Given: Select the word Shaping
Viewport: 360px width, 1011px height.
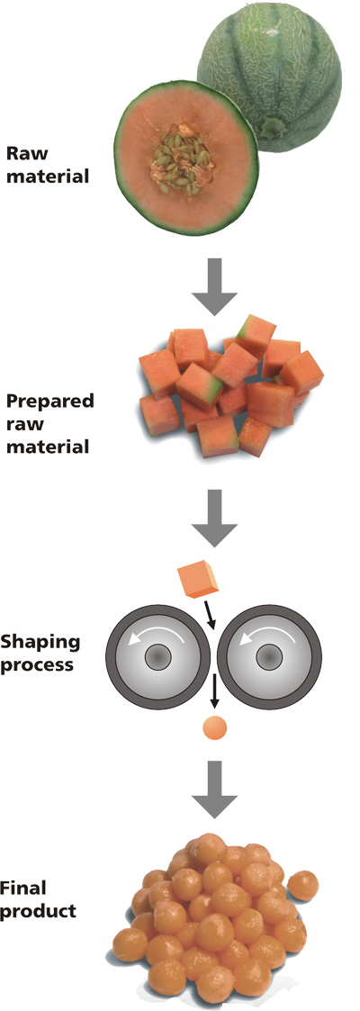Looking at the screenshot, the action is pyautogui.click(x=40, y=642).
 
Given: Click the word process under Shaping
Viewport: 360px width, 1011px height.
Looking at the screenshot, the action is pyautogui.click(x=36, y=663).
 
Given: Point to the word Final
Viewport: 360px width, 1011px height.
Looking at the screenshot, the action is pyautogui.click(x=24, y=889).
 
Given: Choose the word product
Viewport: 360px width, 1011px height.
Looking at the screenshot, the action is pyautogui.click(x=39, y=912).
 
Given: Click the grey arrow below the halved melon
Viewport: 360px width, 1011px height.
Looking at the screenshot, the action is pyautogui.click(x=215, y=284).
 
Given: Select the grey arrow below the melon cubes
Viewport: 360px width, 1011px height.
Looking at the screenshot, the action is pyautogui.click(x=215, y=517).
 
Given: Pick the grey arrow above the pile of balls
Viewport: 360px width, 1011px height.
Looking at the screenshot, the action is pyautogui.click(x=215, y=787).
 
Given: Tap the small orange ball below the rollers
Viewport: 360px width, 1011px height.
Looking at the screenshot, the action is pyautogui.click(x=215, y=728).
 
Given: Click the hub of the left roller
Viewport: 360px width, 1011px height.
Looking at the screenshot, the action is pyautogui.click(x=157, y=658).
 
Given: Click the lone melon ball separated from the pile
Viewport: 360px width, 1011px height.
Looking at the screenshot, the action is pyautogui.click(x=302, y=885).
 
